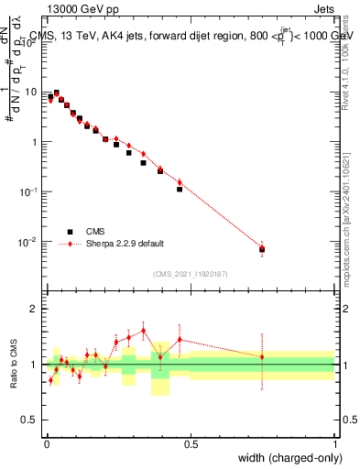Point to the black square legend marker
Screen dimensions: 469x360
(x=70, y=232)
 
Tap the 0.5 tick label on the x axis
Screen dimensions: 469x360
(x=191, y=444)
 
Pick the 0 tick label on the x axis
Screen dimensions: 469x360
(x=47, y=444)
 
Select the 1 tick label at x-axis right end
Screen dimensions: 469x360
(x=334, y=444)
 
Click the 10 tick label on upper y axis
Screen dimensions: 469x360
(x=32, y=92)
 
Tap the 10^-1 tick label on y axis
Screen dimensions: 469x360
(x=30, y=191)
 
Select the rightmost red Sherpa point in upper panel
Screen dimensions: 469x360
(x=262, y=247)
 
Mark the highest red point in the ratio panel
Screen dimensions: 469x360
(x=144, y=331)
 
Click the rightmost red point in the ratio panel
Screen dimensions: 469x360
(x=262, y=356)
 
